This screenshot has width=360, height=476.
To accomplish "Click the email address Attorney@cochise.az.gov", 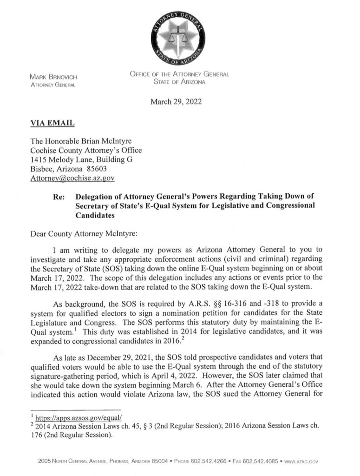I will point(72,178).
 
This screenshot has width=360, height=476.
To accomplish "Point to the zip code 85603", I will point(97,169).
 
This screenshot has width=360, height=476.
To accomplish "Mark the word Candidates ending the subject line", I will point(96,216).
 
